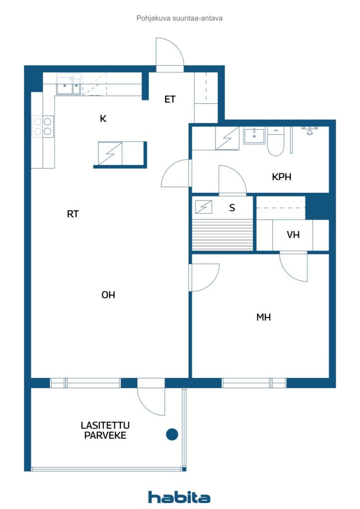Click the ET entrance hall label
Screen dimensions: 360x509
tap(170, 99)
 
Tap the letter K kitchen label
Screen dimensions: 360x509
tap(103, 118)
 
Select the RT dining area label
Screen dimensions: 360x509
tap(73, 214)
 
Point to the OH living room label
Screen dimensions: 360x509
tap(108, 295)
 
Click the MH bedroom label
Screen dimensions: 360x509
tap(263, 317)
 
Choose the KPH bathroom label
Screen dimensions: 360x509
tap(281, 177)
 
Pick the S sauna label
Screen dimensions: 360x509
tap(232, 208)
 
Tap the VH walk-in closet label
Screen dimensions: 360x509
tap(293, 235)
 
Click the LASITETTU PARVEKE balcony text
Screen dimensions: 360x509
tap(105, 430)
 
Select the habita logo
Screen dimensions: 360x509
tap(179, 497)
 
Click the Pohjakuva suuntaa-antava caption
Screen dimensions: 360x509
tap(180, 18)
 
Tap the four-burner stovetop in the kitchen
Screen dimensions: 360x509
tap(43, 126)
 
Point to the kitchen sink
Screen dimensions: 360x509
tap(68, 85)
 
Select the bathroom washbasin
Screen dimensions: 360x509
tap(254, 135)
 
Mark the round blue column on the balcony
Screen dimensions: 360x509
tap(172, 434)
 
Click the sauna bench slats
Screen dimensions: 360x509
tap(222, 235)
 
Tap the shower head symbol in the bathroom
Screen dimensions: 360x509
tap(310, 131)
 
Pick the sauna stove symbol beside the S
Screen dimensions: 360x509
tap(203, 207)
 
